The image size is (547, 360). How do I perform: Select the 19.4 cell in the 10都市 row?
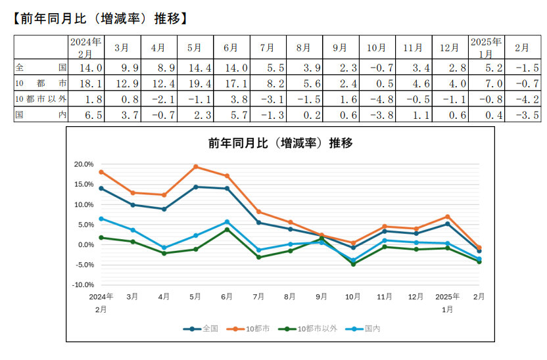(194, 83)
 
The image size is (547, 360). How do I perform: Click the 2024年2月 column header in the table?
(85, 47)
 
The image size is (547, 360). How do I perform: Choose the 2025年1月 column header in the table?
(486, 47)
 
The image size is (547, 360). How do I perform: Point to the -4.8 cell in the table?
(377, 99)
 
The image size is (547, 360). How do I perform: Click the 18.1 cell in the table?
(85, 83)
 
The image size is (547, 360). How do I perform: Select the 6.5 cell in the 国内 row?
(85, 114)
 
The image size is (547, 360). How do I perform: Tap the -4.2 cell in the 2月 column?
(523, 99)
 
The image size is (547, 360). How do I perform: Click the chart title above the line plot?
(279, 143)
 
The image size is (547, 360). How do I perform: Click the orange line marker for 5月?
(195, 166)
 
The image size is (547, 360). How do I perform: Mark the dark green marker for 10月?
(353, 264)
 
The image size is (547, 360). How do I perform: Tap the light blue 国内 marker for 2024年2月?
(101, 219)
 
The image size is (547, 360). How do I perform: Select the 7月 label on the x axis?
(258, 297)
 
